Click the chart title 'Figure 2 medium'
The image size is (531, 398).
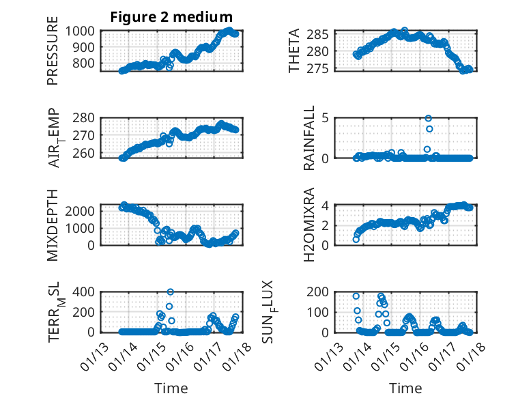click(171, 16)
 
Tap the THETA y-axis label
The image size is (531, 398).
click(294, 51)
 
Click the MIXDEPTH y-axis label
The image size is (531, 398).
click(53, 225)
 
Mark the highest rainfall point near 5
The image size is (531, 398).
click(429, 118)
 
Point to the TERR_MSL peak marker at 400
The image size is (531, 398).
click(170, 292)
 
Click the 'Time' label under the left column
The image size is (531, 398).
click(171, 388)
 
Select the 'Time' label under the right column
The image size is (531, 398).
click(405, 388)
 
